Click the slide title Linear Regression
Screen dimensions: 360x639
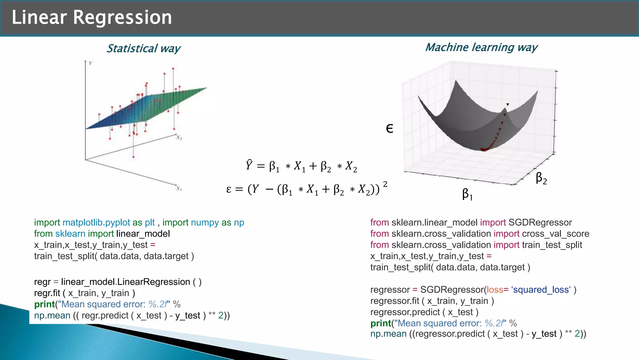tap(91, 17)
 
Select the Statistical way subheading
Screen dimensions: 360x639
tap(143, 49)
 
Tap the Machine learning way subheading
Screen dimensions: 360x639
tap(481, 47)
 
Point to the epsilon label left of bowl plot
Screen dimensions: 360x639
tap(389, 128)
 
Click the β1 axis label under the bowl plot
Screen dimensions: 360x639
tap(467, 194)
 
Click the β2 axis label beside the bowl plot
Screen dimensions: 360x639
tap(541, 178)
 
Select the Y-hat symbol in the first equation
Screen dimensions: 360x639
tap(249, 165)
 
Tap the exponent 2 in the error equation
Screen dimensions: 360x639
tap(385, 184)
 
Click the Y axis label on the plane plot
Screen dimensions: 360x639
tap(90, 63)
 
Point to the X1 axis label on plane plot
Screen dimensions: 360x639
tap(179, 188)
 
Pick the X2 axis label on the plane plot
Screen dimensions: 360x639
tap(179, 137)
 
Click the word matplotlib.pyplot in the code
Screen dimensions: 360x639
tap(96, 223)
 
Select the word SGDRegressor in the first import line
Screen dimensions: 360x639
tap(540, 223)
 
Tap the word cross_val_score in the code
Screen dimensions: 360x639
tap(555, 234)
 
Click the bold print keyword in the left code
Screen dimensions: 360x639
tap(44, 304)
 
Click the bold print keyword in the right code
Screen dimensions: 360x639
tap(381, 323)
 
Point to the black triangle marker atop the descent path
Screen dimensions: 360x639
tap(508, 104)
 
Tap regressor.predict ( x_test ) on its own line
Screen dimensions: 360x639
tap(424, 312)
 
